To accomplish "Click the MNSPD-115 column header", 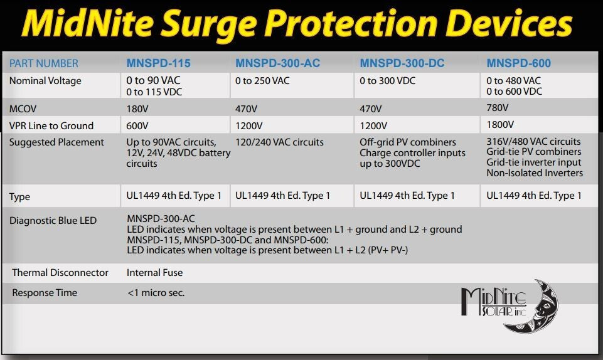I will (158, 63).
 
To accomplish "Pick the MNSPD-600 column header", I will (518, 63).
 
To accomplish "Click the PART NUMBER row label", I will (44, 63).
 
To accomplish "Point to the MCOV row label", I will (23, 109).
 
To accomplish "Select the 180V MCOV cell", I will (138, 109).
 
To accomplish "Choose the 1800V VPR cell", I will (501, 125).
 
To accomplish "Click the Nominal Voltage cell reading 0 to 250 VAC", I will (262, 81).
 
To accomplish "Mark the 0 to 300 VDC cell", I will (387, 81).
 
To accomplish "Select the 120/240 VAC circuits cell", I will (279, 142).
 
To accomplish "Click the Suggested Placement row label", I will (56, 142).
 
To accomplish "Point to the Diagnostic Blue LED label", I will (53, 220).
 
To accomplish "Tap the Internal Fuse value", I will (154, 273).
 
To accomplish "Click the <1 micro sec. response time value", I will (156, 293).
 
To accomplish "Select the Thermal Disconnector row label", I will (60, 273).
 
